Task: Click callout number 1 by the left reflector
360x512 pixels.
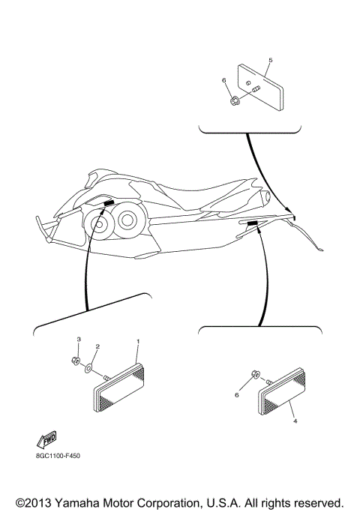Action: (x=137, y=342)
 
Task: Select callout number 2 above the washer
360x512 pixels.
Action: (x=97, y=347)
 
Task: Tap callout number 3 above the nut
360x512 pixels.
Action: (x=78, y=340)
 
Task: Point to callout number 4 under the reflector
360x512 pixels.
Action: (x=295, y=421)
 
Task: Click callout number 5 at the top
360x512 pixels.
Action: (x=270, y=60)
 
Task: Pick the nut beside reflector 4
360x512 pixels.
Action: (x=255, y=373)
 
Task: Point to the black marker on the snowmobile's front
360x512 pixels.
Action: (x=109, y=202)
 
